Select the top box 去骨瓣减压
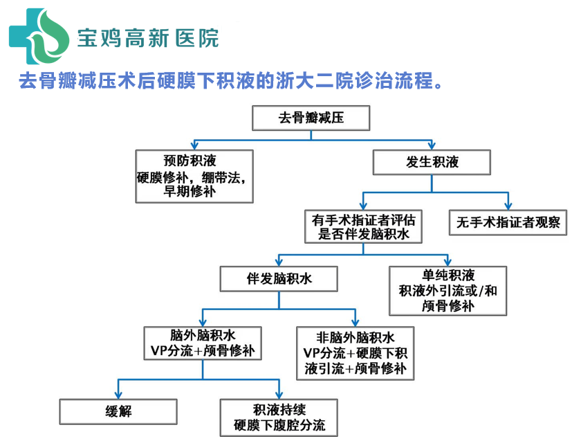tap(311, 118)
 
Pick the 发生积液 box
tap(432, 163)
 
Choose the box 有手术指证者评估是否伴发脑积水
tap(364, 226)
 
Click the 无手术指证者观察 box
tap(508, 223)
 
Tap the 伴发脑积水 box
tap(279, 279)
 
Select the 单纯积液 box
tap(448, 290)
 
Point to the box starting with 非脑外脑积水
tap(355, 353)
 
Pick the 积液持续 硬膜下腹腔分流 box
tap(279, 417)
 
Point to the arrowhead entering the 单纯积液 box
tap(448, 262)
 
